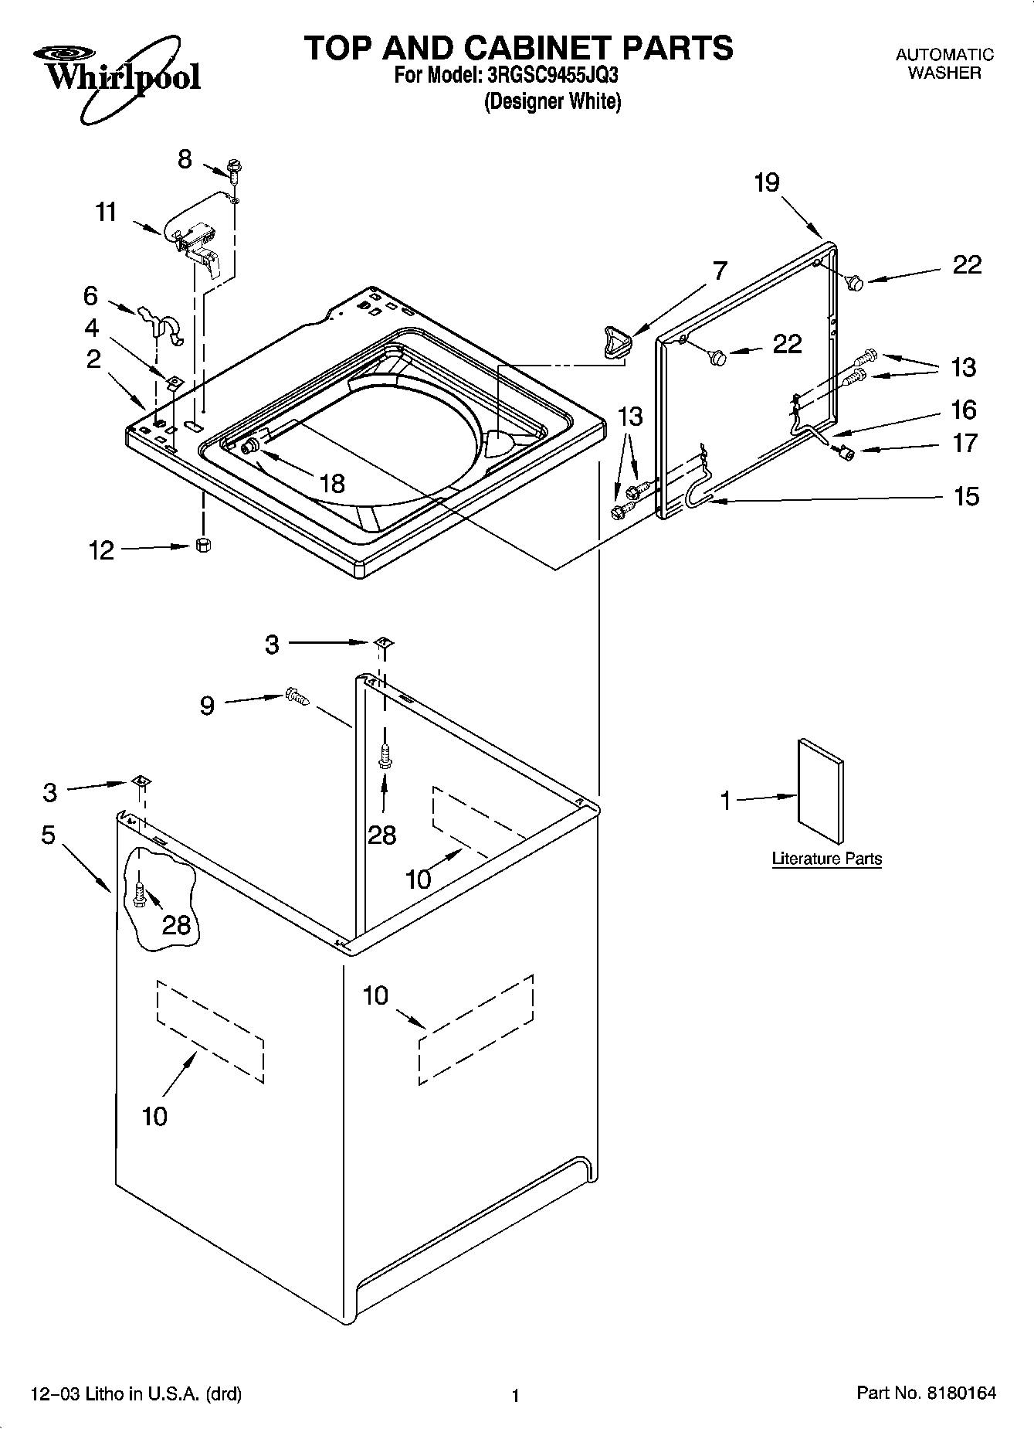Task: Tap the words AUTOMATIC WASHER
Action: pos(944,63)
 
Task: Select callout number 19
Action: pos(767,183)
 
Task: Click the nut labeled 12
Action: pos(204,545)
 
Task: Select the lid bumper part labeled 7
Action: pos(615,342)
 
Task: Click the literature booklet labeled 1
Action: pos(820,790)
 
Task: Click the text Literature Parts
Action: pos(826,859)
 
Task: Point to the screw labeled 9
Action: pos(297,696)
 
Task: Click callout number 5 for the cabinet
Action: pos(49,835)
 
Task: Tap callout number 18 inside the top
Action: pos(332,484)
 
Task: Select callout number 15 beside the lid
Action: pos(966,496)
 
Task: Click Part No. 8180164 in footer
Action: pos(926,1393)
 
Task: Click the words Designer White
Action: pos(552,101)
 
